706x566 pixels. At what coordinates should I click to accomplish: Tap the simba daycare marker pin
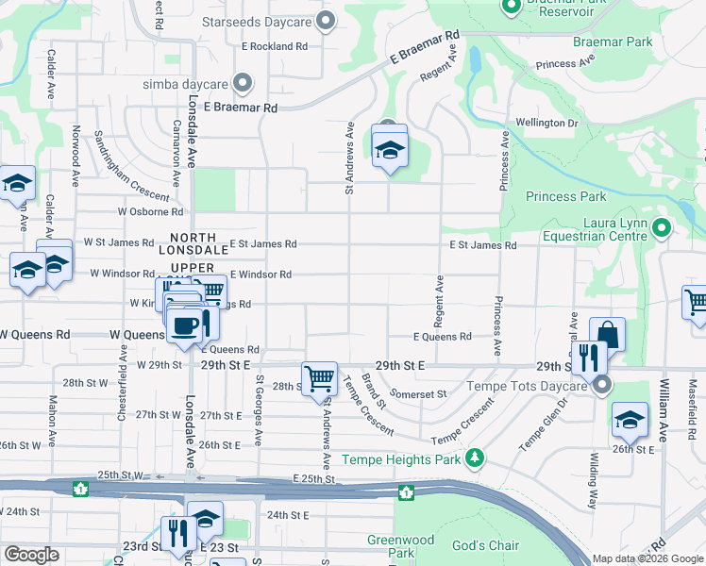243,83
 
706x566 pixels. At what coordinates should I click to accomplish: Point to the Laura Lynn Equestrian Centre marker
662,227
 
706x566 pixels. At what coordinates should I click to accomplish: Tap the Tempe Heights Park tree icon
476,458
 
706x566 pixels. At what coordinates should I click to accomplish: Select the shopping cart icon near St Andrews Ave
319,378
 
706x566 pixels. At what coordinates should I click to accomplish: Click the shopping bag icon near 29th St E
607,333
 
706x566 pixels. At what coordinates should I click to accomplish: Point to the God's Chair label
485,546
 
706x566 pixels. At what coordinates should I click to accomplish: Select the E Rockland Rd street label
275,45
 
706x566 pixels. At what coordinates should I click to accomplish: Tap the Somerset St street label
422,394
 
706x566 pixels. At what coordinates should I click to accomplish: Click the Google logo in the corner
31,555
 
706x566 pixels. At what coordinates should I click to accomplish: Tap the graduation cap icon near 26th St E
630,421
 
